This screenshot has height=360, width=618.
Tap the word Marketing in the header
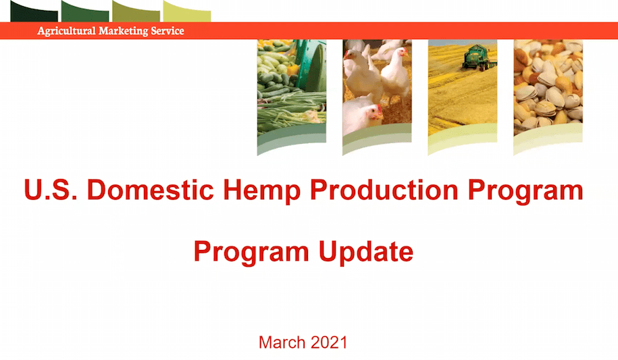point(124,31)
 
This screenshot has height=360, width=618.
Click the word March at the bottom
point(282,342)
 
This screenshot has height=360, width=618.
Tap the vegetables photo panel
point(291,88)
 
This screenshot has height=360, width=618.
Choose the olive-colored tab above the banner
point(136,11)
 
